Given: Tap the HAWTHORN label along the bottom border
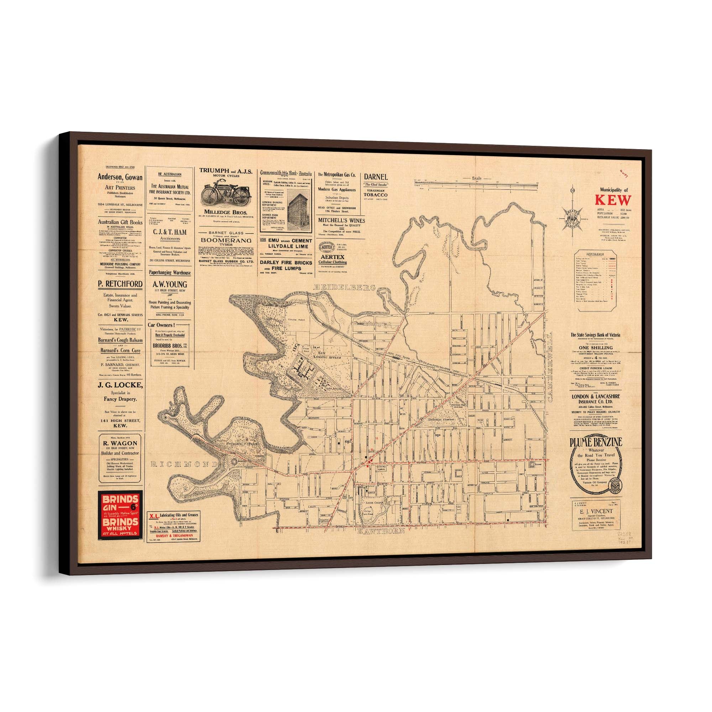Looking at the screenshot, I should pos(381,531).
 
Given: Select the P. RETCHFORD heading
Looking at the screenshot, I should pos(120,284).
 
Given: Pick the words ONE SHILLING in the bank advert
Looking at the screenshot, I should pos(596,347).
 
